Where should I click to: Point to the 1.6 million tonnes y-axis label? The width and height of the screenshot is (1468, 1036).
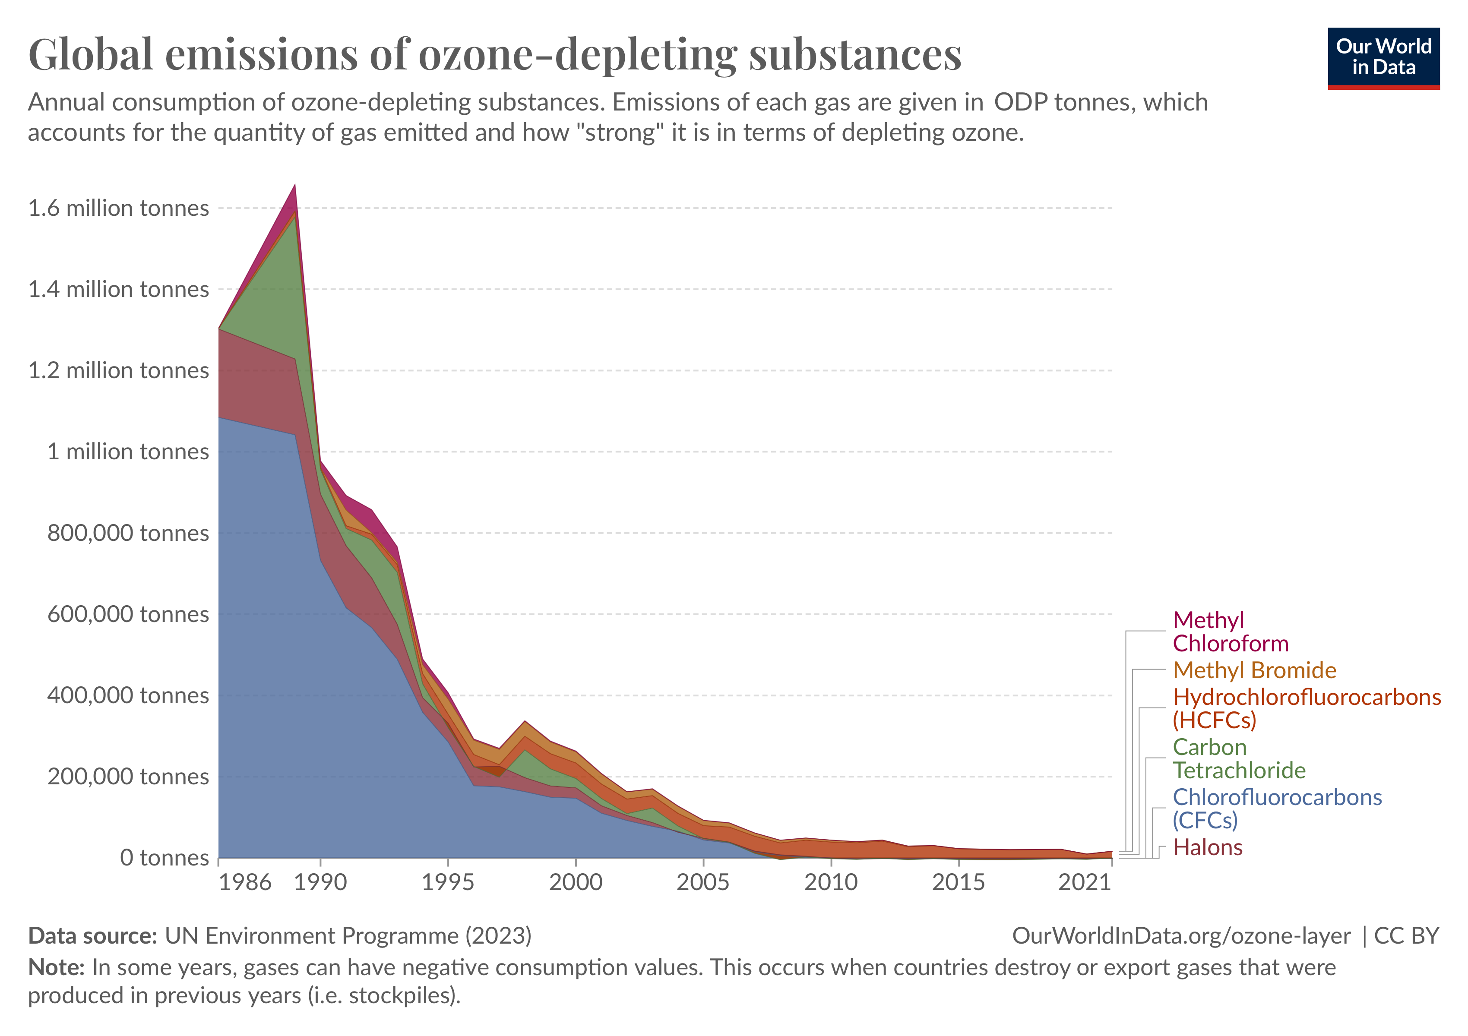click(118, 208)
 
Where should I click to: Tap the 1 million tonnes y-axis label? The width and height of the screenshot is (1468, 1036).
click(128, 452)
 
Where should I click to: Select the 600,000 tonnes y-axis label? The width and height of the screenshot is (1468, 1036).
click(128, 614)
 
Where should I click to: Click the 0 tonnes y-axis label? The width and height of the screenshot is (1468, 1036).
click(165, 858)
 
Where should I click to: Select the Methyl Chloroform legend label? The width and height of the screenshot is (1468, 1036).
click(1230, 632)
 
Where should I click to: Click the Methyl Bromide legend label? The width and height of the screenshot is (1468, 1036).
click(1254, 670)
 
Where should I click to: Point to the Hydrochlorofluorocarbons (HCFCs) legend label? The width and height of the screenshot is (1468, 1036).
click(1306, 708)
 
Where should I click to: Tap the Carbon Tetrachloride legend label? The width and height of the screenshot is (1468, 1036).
click(1238, 758)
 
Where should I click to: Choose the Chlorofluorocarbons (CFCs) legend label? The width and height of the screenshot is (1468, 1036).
click(1277, 809)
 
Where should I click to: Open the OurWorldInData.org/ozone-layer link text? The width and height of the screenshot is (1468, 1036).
click(1181, 936)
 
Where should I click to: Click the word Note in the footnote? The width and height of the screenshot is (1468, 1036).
click(56, 968)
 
